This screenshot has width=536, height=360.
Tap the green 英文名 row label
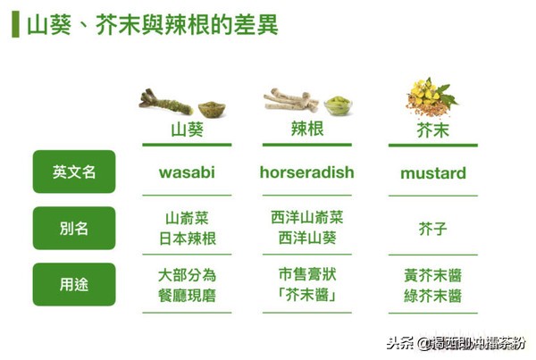tap(74, 172)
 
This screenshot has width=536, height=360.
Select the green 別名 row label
tap(74, 228)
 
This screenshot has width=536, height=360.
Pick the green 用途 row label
tap(74, 285)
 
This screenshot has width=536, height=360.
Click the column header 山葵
tap(187, 130)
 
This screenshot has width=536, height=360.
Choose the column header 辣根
tap(306, 130)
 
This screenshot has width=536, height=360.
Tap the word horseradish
tap(306, 172)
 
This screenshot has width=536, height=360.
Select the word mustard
tap(433, 172)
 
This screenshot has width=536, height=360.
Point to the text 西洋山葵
tap(306, 239)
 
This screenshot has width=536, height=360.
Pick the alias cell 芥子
tap(433, 229)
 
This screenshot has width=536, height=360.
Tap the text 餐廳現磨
tap(187, 295)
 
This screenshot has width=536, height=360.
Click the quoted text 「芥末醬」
tap(306, 295)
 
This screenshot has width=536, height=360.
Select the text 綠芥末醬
tap(433, 296)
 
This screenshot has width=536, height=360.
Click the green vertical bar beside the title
tap(15, 24)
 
